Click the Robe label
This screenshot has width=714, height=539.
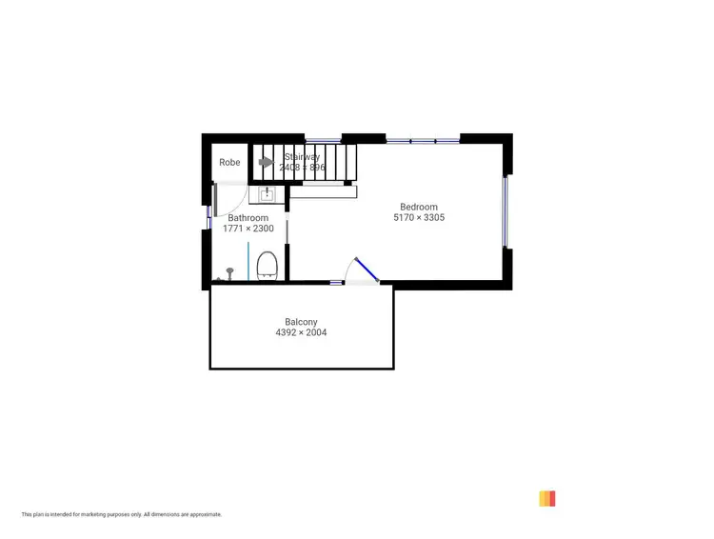[229, 163]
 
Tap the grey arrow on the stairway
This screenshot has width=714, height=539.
[267, 163]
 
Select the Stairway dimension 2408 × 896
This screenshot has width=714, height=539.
[302, 168]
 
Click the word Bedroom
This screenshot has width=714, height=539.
[419, 207]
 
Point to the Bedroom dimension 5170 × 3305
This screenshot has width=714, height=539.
[419, 218]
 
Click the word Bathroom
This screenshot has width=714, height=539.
[248, 218]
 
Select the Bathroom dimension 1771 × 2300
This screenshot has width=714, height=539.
[248, 230]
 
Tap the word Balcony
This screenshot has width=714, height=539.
[301, 322]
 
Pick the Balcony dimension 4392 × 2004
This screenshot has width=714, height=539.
[301, 333]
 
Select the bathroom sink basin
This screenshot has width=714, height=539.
[268, 194]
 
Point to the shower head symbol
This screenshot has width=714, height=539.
[228, 272]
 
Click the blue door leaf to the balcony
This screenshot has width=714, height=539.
[367, 269]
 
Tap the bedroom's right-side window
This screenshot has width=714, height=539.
[506, 211]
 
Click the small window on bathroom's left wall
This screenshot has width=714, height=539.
[208, 216]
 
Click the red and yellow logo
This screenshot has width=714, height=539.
[546, 498]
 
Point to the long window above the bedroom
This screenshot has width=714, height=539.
[423, 141]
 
